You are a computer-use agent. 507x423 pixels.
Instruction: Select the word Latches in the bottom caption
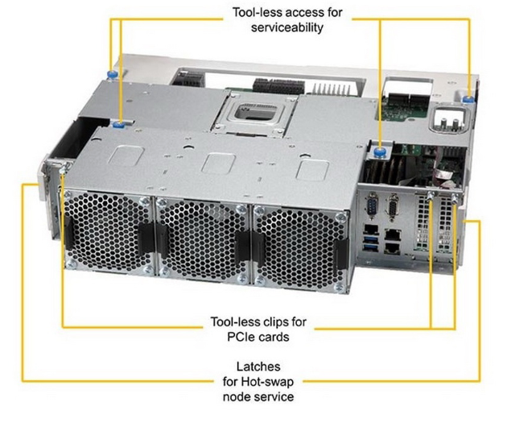click(x=254, y=367)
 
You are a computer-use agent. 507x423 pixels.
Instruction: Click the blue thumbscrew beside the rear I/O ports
click(x=378, y=147)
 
